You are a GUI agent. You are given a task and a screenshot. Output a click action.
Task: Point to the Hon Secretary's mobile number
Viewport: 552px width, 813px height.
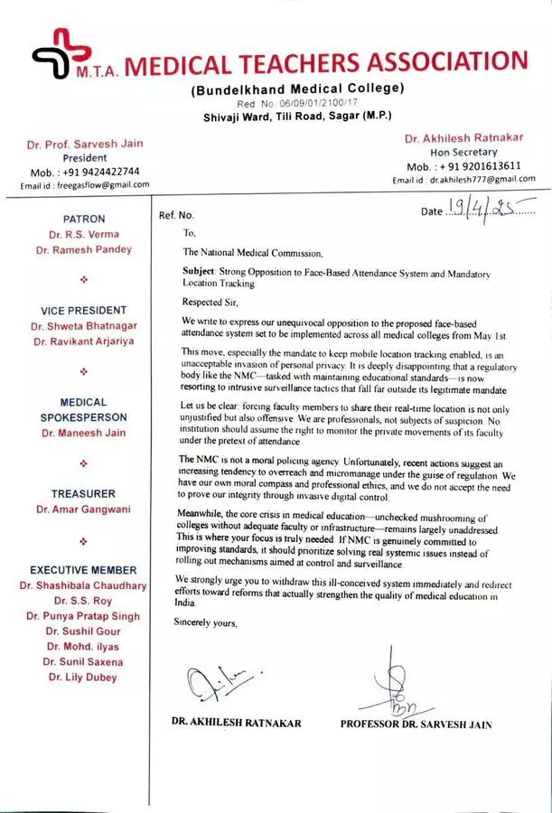pos(463,167)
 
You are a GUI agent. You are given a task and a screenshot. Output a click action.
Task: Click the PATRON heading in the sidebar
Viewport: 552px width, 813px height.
pos(84,220)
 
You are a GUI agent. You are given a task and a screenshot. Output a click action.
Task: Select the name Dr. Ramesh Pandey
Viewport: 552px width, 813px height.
pos(84,249)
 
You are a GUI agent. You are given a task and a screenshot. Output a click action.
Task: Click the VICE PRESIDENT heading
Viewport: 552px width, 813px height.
pos(84,311)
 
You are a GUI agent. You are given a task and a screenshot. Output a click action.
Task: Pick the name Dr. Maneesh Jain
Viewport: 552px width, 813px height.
pos(84,433)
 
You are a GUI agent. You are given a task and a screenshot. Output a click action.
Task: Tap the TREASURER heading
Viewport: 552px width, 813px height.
pos(84,494)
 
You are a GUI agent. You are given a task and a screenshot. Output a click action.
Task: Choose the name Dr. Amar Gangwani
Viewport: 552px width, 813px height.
pos(84,509)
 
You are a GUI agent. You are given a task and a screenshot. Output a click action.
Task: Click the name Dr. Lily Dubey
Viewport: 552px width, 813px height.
pos(84,677)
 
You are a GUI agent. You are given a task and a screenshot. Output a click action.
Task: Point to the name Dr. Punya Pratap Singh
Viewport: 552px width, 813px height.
pos(84,616)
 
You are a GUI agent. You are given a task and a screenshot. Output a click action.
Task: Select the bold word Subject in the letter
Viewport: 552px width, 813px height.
pos(199,271)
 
